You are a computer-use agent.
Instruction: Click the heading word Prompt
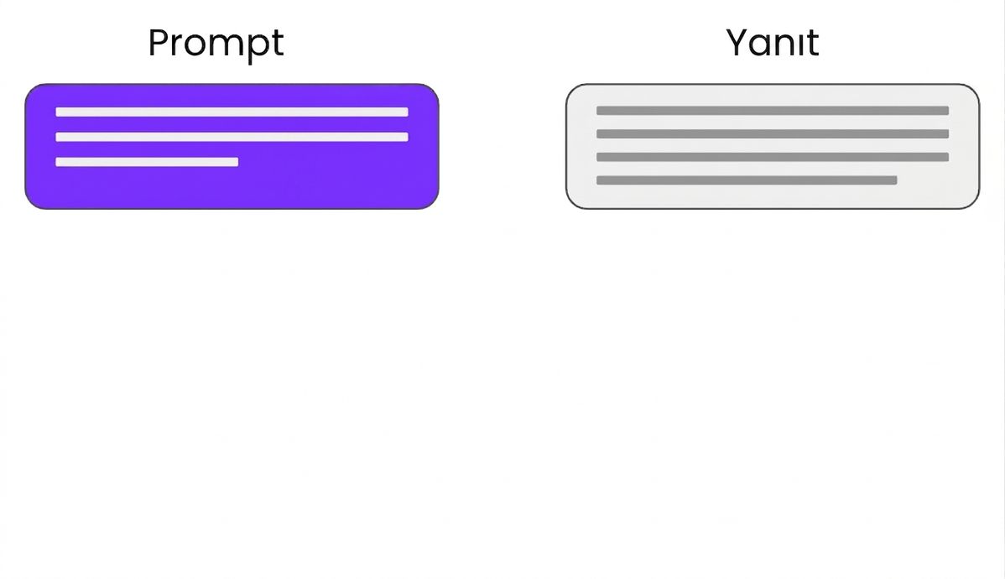coord(216,44)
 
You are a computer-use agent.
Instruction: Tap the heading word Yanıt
coord(773,43)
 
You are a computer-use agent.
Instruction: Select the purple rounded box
coord(232,146)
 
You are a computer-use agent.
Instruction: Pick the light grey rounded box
coord(773,146)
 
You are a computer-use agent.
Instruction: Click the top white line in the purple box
coord(232,112)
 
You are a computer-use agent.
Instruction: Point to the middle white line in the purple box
coord(232,137)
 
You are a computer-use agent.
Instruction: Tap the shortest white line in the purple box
coord(147,162)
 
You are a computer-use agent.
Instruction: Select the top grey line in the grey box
coord(773,111)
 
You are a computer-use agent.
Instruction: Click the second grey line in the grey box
coord(773,134)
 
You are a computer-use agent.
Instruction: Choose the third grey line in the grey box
coord(773,157)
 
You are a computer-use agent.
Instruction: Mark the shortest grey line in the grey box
coord(747,180)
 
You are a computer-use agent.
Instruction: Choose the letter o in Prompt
coord(197,47)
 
